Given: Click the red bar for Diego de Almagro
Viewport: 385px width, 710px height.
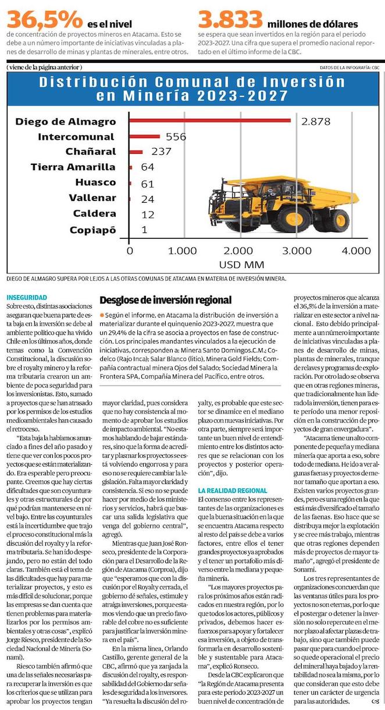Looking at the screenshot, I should click(x=209, y=121).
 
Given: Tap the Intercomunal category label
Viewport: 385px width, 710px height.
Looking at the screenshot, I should click(x=76, y=137).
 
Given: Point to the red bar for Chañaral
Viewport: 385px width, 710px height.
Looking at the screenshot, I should click(x=136, y=152).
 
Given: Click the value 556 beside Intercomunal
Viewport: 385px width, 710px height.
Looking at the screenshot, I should click(x=176, y=137).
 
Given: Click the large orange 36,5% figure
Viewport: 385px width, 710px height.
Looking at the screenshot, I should click(x=45, y=20).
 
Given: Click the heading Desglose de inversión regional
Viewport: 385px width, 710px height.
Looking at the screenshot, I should click(x=166, y=301).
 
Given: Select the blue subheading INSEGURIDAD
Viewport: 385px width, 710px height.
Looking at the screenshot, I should click(x=26, y=298).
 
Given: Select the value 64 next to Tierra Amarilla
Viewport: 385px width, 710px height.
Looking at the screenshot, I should click(x=148, y=168).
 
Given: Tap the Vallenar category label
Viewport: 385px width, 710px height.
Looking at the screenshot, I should click(x=92, y=198).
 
